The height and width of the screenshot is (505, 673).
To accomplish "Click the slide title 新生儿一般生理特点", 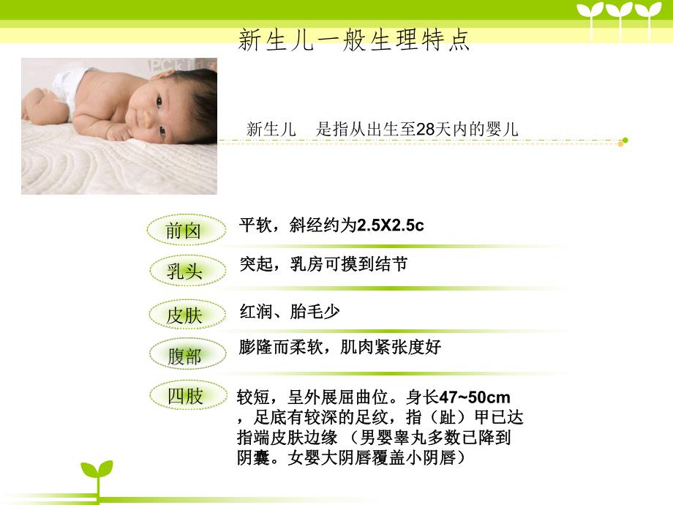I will point(354,40).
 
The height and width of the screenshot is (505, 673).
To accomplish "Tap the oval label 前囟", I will point(184,231).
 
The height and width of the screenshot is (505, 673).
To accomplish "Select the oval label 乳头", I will point(184,272).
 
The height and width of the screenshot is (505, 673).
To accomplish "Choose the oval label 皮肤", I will point(184,316).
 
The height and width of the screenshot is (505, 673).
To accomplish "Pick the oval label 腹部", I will point(184,356).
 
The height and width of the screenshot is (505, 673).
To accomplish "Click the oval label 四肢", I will point(185,397).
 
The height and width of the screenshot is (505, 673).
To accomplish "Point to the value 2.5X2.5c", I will point(390,225).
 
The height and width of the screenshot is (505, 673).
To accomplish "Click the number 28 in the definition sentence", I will point(425,130).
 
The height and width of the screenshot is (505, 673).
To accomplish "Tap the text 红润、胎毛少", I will point(290,312).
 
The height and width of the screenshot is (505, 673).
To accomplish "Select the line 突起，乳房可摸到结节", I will point(323,264).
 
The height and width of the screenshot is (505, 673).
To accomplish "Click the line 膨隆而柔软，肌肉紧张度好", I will point(340,347).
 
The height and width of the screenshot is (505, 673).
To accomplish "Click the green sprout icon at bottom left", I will point(97,476).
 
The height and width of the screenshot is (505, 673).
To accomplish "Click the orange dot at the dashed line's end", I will point(620,143).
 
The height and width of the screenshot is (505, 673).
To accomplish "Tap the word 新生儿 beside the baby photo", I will point(271,130).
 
